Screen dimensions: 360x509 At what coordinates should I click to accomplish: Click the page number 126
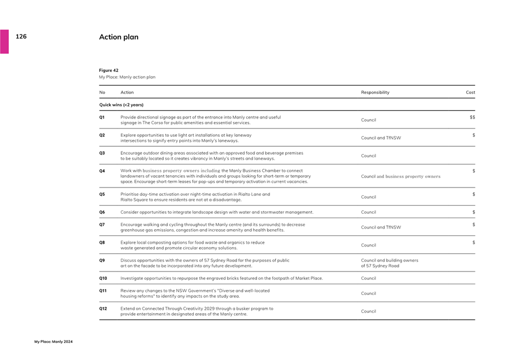(21, 36)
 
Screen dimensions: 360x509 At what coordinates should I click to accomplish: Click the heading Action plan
(119, 37)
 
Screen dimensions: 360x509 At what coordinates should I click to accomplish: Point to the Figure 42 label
(109, 71)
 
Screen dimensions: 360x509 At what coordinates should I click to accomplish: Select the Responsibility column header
(375, 92)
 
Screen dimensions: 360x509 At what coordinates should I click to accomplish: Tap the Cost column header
(470, 92)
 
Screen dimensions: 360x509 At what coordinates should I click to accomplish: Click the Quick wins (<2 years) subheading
(121, 105)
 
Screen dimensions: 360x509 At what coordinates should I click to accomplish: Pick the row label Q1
(102, 117)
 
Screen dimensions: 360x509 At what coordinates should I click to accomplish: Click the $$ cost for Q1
(472, 117)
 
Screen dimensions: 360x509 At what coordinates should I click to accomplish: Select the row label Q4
(102, 171)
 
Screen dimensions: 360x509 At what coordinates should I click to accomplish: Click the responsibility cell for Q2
(381, 138)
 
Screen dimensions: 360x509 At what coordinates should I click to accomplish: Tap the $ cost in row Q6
(473, 212)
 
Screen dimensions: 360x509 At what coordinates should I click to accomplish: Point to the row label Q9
(102, 260)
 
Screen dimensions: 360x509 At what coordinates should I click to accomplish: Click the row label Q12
(102, 308)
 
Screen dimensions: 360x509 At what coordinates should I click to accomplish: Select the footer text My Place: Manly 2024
(53, 342)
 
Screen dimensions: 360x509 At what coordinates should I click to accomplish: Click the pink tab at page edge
(4, 42)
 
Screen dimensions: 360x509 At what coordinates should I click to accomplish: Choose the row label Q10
(102, 278)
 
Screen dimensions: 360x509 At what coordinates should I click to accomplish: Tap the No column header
(102, 92)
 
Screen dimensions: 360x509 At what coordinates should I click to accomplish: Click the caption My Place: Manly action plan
(127, 77)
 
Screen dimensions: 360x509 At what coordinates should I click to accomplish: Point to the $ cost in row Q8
(473, 243)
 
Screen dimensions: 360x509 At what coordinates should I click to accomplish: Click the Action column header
(127, 92)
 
